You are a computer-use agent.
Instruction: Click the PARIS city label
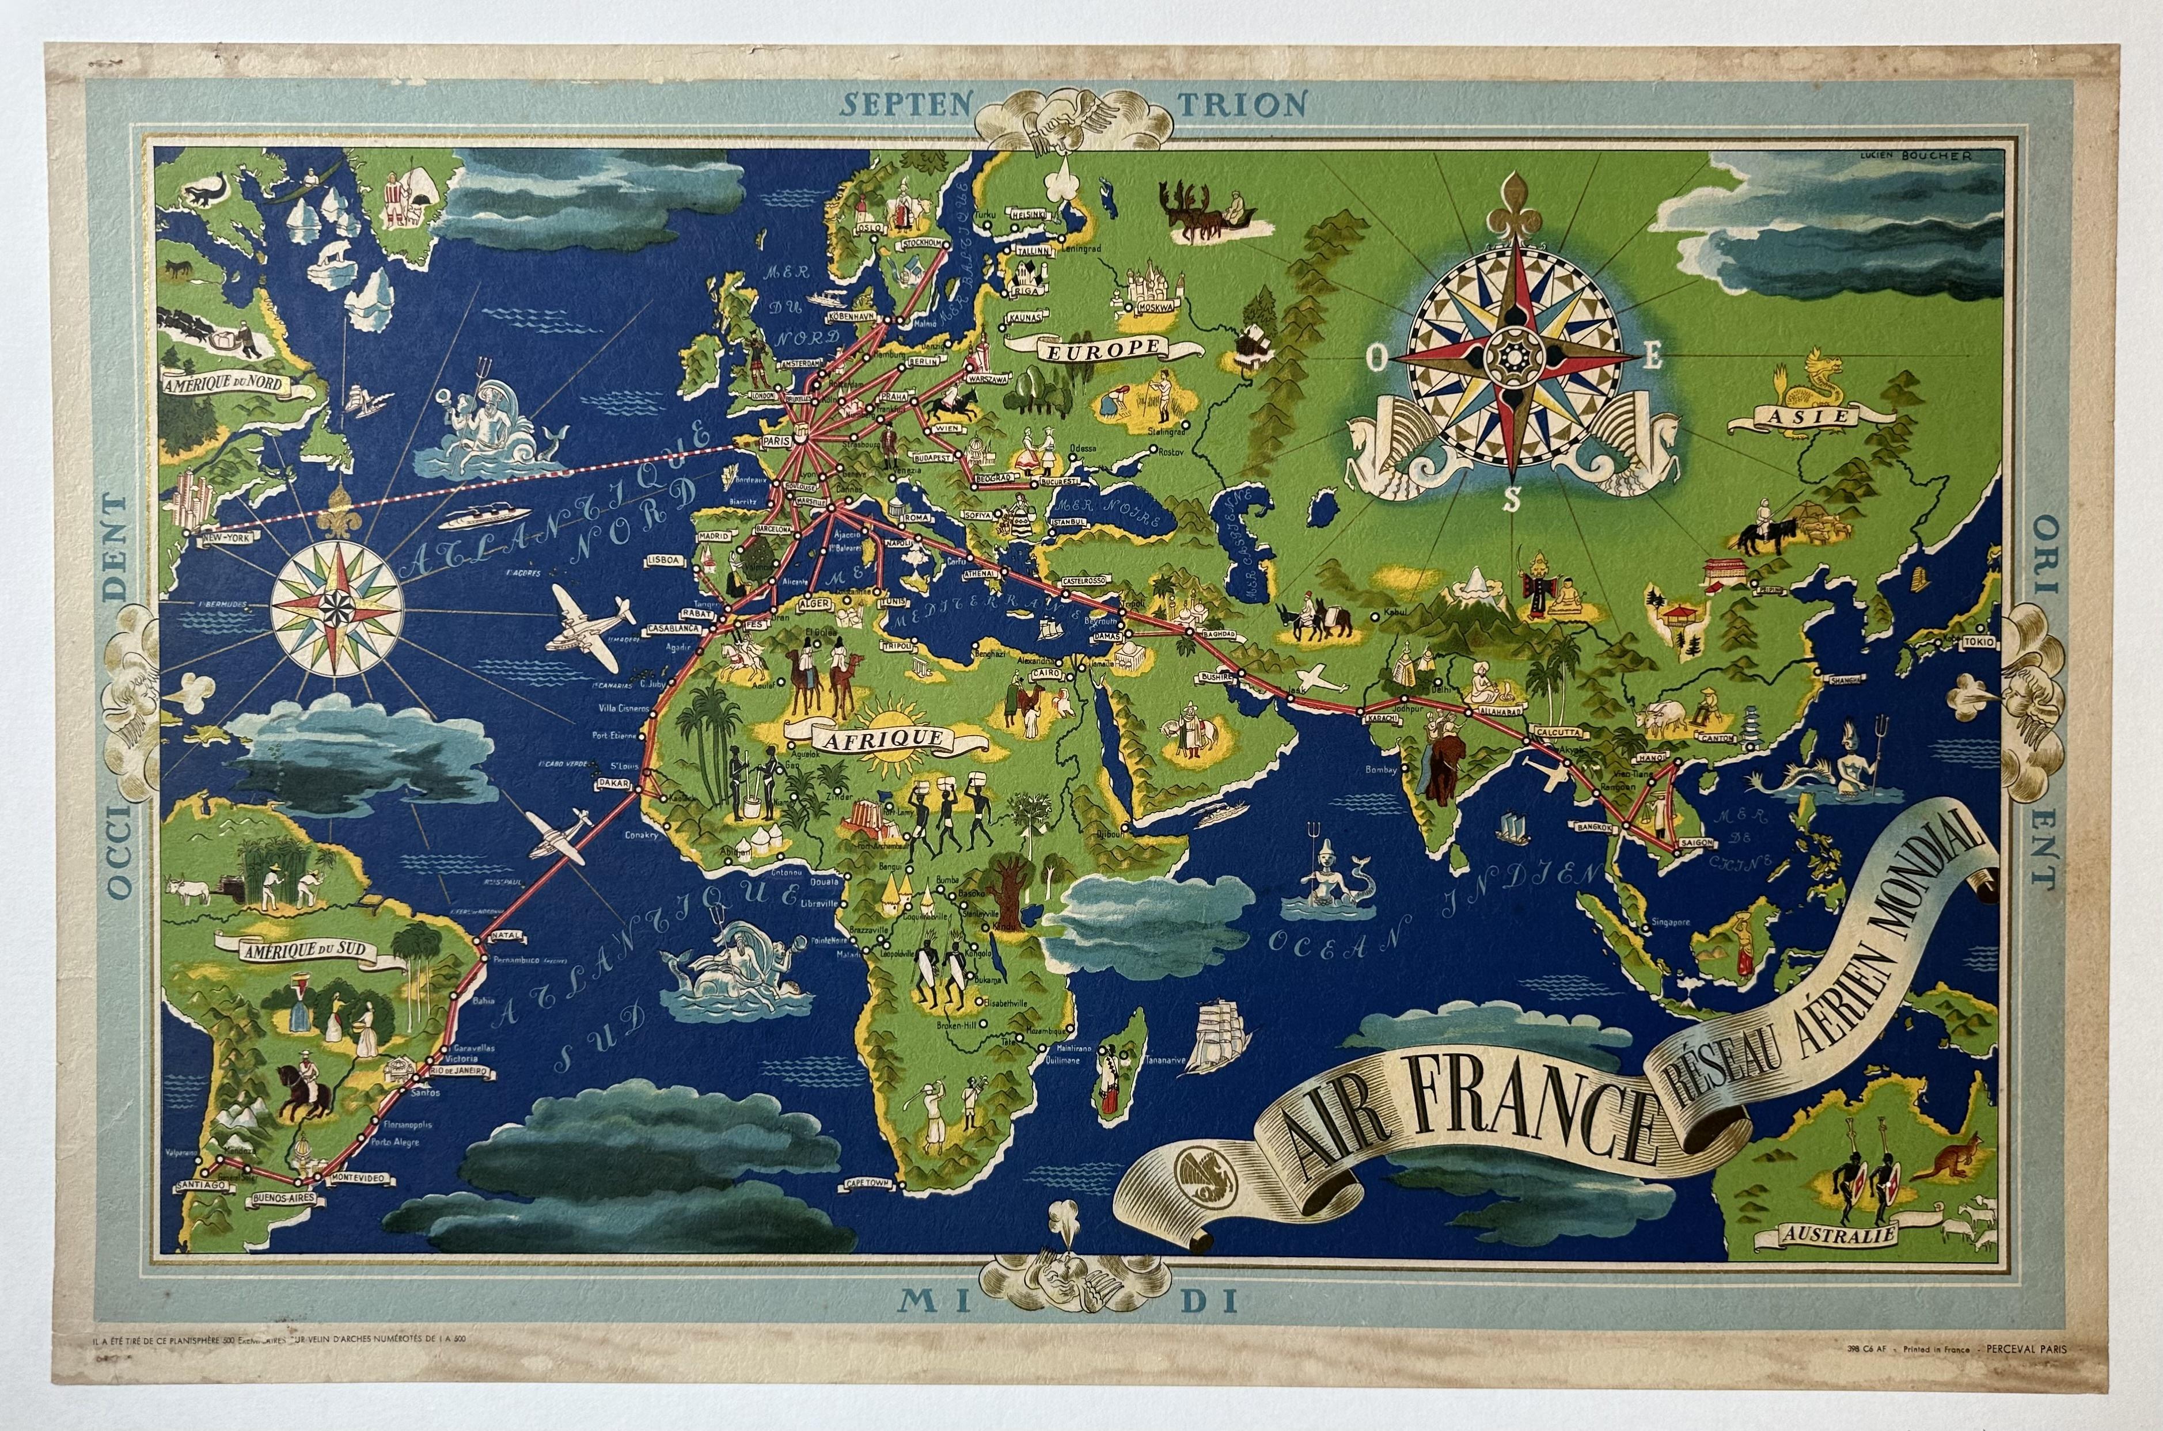click(x=772, y=442)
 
